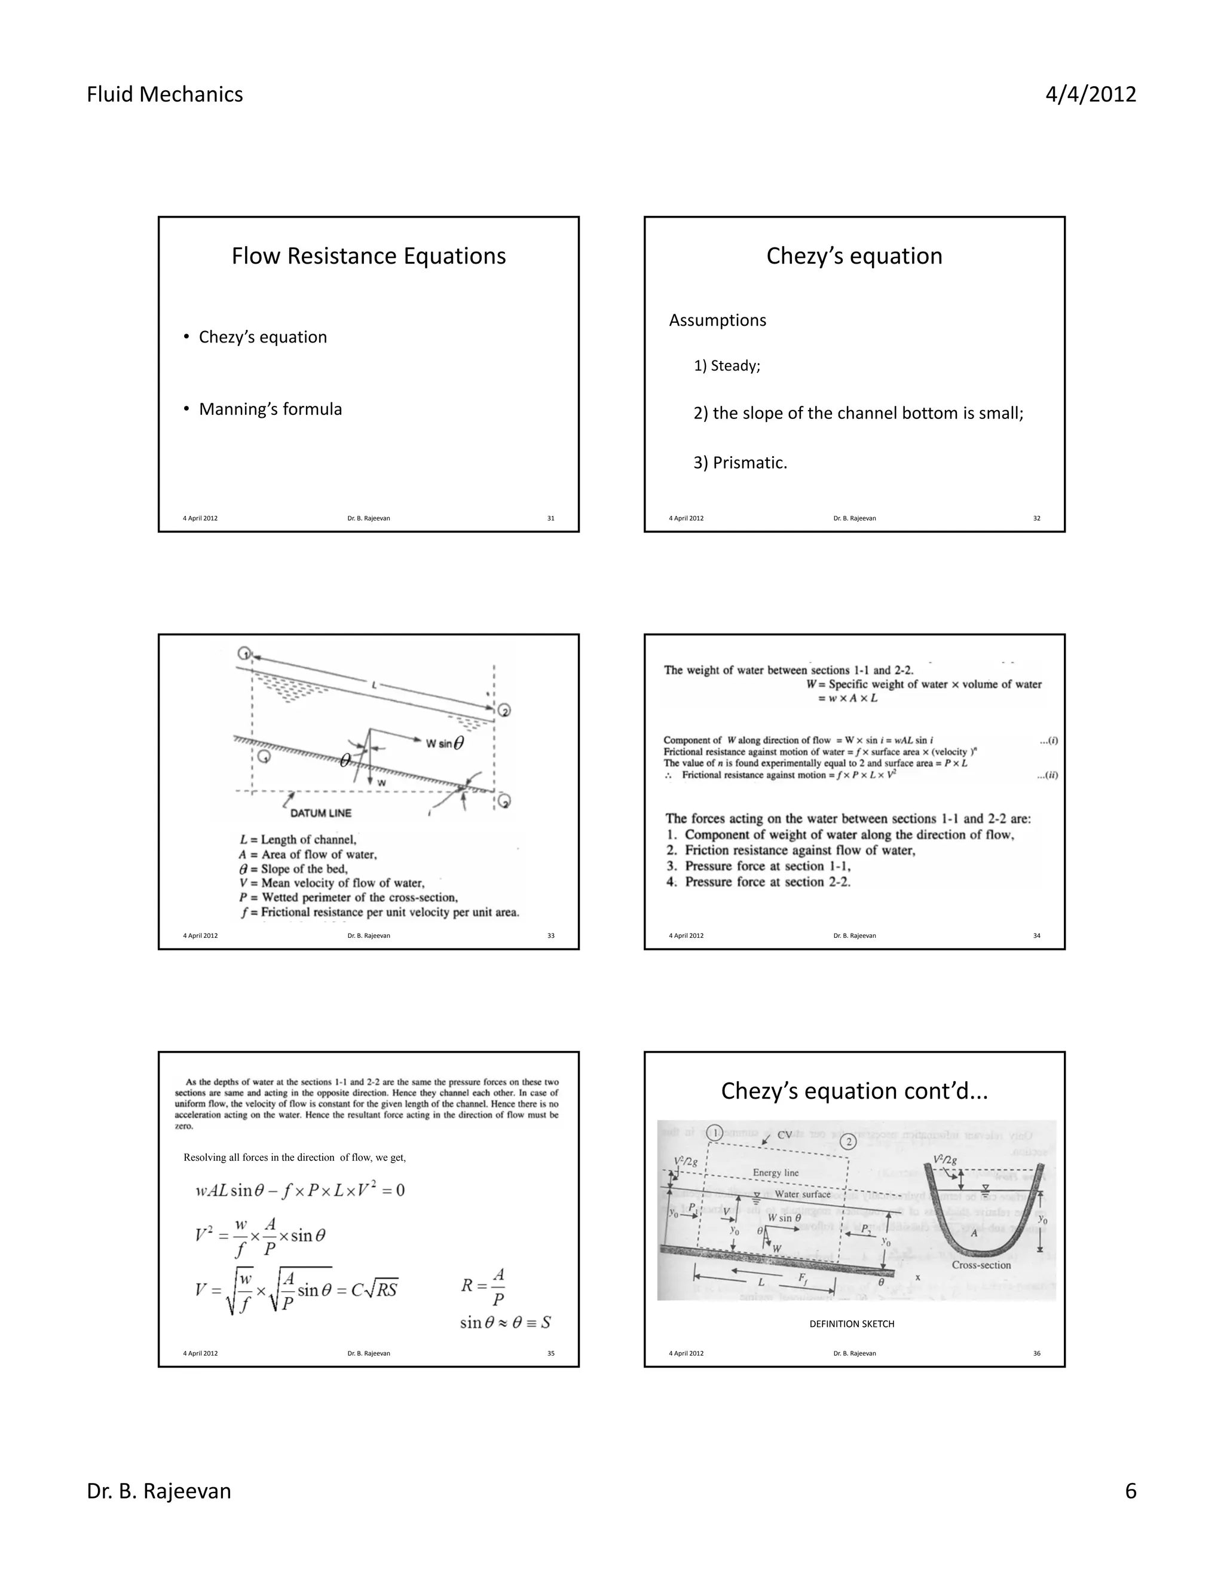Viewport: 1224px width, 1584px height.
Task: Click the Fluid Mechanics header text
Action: click(x=164, y=94)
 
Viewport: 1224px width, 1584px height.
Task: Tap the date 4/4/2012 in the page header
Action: click(x=1090, y=94)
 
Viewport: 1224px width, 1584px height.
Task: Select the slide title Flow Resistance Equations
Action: click(x=368, y=256)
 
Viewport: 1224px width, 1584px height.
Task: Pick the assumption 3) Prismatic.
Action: click(x=740, y=463)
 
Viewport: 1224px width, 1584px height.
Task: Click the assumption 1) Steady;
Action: click(x=727, y=366)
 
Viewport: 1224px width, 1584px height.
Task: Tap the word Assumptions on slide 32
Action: click(x=717, y=320)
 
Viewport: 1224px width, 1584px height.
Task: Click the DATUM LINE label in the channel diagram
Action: click(x=320, y=813)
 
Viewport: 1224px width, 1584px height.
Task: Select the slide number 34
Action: click(x=1036, y=935)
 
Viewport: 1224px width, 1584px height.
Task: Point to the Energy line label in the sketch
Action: click(x=775, y=1173)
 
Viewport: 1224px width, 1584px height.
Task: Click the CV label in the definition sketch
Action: click(x=785, y=1135)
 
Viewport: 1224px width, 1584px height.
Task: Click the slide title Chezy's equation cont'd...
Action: click(x=854, y=1091)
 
